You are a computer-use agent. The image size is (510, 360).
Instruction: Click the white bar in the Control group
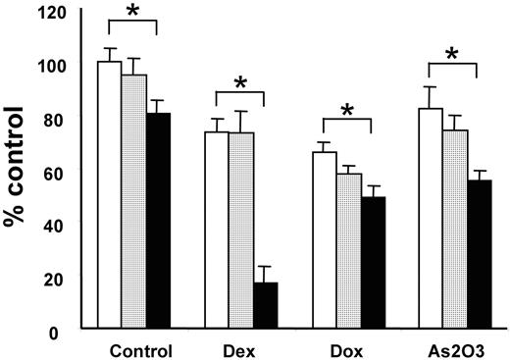(x=109, y=196)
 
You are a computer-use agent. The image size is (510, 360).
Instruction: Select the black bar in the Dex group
(x=266, y=306)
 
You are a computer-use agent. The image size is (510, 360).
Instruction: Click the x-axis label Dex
(x=241, y=350)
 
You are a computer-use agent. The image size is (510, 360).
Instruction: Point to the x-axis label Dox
(x=347, y=350)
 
